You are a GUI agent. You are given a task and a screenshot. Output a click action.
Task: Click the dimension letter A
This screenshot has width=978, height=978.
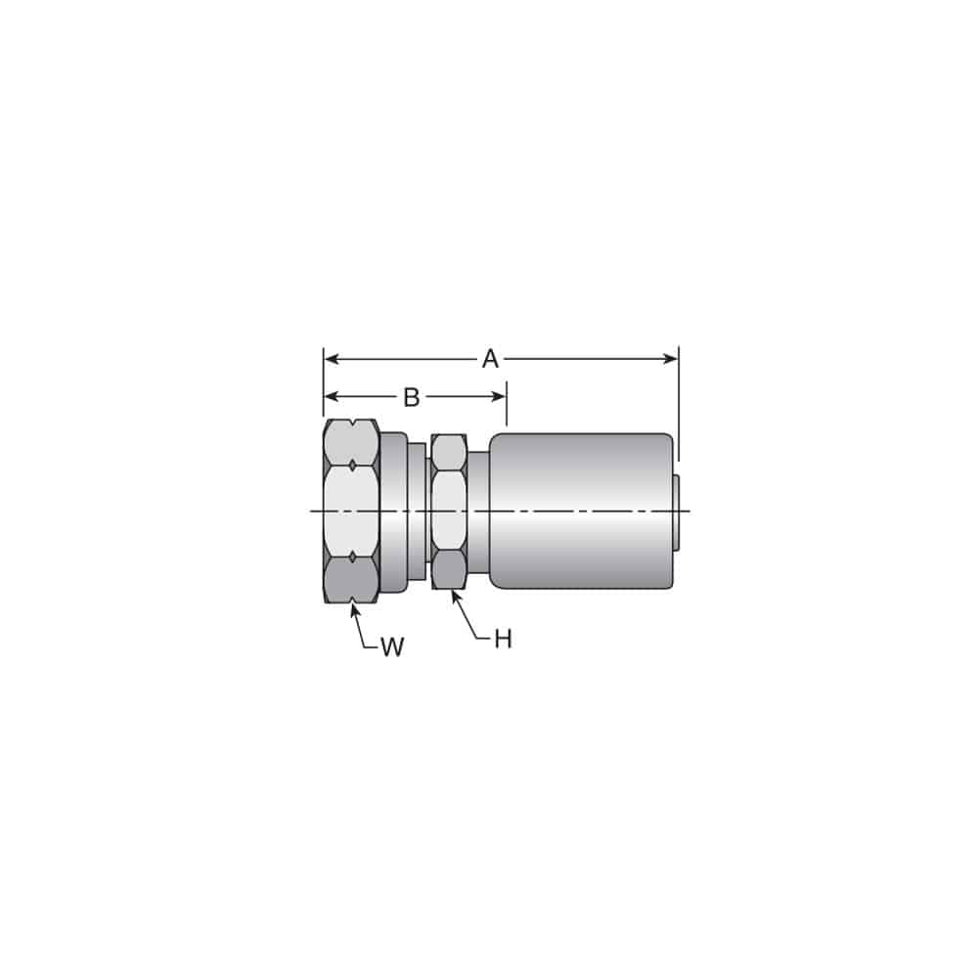pyautogui.click(x=490, y=359)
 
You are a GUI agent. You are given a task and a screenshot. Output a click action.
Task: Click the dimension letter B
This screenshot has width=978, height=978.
pyautogui.click(x=412, y=397)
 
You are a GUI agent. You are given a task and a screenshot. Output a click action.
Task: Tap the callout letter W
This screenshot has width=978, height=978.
pyautogui.click(x=391, y=647)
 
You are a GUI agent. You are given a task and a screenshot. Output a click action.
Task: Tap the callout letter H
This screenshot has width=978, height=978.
pyautogui.click(x=503, y=640)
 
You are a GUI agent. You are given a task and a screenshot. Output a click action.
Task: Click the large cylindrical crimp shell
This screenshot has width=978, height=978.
pyautogui.click(x=581, y=511)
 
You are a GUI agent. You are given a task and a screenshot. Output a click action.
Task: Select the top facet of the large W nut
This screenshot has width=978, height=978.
pyautogui.click(x=351, y=442)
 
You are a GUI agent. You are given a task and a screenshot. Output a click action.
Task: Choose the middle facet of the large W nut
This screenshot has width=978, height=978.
pyautogui.click(x=351, y=509)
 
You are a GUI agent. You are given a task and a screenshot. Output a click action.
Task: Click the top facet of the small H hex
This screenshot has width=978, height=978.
pyautogui.click(x=449, y=453)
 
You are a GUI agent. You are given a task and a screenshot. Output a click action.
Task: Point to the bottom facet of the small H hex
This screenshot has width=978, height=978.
pyautogui.click(x=449, y=569)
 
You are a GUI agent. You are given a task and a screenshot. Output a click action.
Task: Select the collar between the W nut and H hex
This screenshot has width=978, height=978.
pyautogui.click(x=393, y=511)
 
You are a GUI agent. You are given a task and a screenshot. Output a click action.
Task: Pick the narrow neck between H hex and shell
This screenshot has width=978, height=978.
pyautogui.click(x=478, y=511)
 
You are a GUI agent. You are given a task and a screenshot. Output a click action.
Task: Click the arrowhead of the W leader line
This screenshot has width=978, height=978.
pyautogui.click(x=353, y=606)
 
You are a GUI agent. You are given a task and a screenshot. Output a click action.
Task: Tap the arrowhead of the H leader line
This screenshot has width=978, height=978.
pyautogui.click(x=454, y=595)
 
